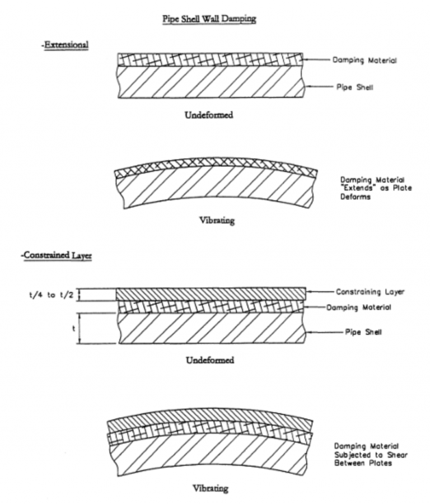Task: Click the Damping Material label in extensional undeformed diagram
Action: pos(364,60)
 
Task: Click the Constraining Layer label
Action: pos(370,292)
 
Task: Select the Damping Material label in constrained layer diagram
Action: pos(359,307)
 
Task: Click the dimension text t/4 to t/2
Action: pos(51,295)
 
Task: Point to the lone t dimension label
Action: pos(73,328)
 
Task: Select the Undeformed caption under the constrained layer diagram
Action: pos(209,360)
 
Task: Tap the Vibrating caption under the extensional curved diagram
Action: pos(217,220)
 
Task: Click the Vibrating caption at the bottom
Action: pos(210,488)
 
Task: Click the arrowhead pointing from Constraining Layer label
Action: pos(309,292)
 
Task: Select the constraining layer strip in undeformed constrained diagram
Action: pos(210,293)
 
